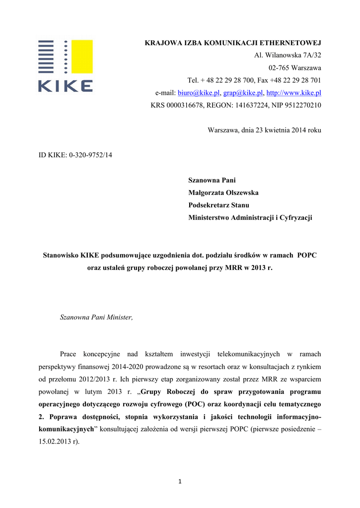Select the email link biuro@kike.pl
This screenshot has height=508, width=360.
click(199, 93)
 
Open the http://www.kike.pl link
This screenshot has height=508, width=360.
click(294, 93)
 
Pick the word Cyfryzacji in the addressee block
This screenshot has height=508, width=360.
click(297, 217)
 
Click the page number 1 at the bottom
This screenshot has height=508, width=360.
click(180, 481)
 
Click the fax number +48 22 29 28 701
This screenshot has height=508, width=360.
click(295, 80)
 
